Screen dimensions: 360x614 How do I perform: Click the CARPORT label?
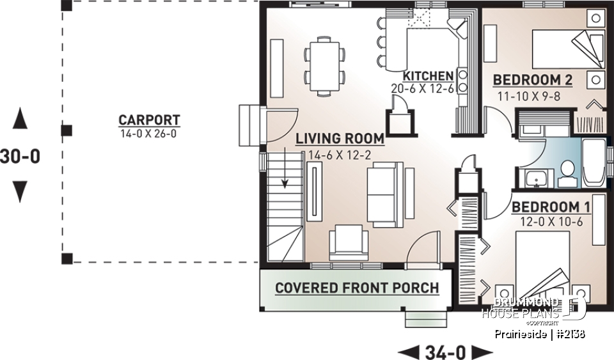[x=149, y=120]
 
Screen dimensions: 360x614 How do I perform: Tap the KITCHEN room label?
[x=428, y=75]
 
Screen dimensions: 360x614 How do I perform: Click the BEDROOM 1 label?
[x=551, y=207]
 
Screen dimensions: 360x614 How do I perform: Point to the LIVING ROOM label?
[x=339, y=138]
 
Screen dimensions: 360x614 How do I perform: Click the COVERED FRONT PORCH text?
[x=357, y=288]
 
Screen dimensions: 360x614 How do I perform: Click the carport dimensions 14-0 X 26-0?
[x=149, y=134]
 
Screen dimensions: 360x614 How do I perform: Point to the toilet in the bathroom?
[x=566, y=172]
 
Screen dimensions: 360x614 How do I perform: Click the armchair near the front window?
[x=349, y=244]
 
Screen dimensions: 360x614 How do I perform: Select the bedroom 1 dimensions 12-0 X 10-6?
[x=551, y=222]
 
